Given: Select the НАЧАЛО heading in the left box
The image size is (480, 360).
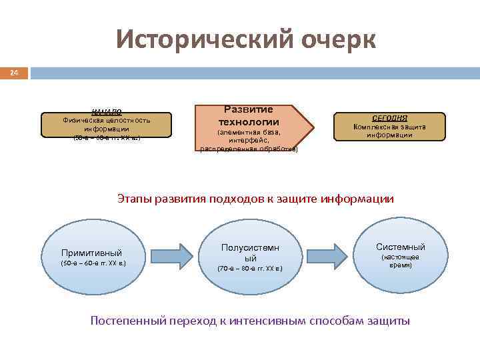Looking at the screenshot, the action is point(106,111).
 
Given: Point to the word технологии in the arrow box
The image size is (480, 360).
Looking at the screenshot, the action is point(249,122).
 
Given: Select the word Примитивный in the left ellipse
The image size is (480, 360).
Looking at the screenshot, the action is point(91,253).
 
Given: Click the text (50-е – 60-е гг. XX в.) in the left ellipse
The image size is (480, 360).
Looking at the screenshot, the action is point(93,263).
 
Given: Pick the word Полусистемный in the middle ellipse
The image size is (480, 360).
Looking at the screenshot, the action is point(250,253).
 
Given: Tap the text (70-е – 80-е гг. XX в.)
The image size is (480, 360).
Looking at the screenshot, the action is point(250,269).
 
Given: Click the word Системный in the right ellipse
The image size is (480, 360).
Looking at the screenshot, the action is point(400,247).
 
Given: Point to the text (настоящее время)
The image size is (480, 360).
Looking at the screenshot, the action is point(400,261).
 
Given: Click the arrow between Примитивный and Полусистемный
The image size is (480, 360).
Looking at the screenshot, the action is point(168,254).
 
